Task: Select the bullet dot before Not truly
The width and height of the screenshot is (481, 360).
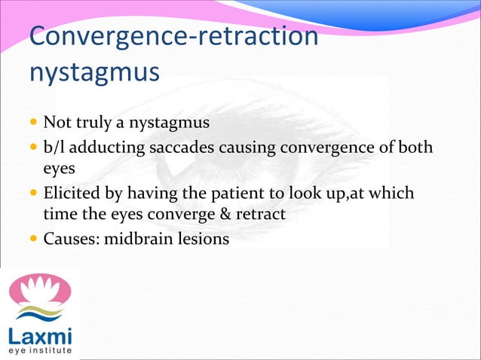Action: (34, 122)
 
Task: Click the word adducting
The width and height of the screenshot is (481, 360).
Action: (109, 146)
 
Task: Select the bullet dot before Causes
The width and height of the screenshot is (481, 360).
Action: (34, 242)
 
